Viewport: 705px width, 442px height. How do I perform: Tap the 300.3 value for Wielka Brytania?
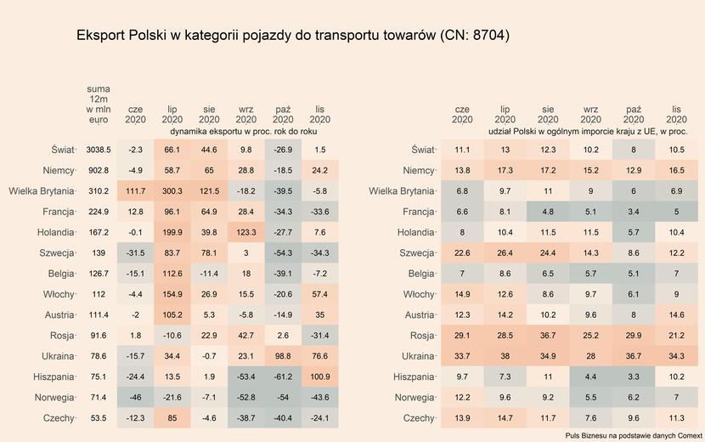172,190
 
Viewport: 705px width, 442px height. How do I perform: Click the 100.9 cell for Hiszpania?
319,377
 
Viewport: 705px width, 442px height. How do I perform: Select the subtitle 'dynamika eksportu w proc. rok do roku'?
245,133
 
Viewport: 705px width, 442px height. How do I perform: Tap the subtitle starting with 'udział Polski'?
588,133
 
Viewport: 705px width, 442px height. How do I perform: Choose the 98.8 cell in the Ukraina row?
283,355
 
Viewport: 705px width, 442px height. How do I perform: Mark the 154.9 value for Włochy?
172,294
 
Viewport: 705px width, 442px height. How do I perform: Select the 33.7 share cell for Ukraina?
462,355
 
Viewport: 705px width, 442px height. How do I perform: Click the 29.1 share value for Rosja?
462,335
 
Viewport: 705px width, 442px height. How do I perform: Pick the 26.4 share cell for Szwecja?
505,252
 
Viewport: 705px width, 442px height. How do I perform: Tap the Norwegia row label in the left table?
55,397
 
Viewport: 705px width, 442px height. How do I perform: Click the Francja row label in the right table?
418,212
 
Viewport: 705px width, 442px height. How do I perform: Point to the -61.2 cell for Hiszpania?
283,377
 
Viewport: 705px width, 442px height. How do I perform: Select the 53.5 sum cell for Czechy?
99,417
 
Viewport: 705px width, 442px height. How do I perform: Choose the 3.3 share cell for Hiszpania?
633,377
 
